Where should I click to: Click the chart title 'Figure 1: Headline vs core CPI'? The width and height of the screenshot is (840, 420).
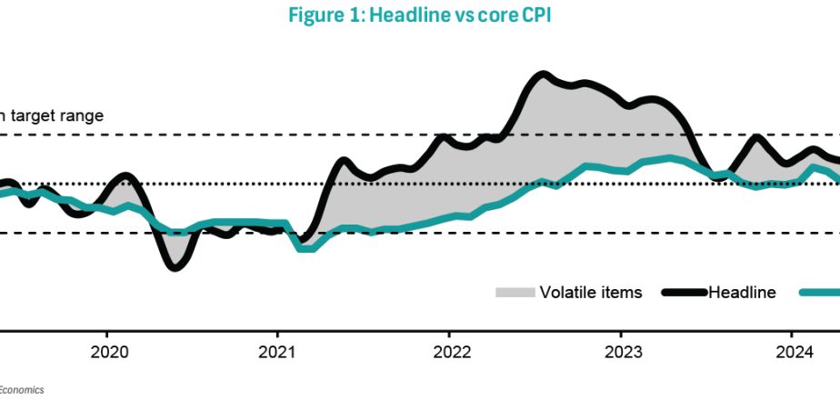tap(419, 15)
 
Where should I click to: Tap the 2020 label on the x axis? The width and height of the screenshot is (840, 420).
tap(106, 352)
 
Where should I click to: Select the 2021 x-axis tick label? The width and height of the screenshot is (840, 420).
tap(276, 352)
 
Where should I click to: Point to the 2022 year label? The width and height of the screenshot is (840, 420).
tap(449, 352)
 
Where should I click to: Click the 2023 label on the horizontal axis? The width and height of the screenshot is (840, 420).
tap(621, 352)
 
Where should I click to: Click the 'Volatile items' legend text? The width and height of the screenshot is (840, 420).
tap(591, 292)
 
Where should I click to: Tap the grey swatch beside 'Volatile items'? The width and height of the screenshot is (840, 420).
tap(514, 292)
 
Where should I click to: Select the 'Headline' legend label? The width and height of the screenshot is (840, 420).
tap(742, 292)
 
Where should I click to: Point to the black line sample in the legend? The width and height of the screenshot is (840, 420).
tap(684, 292)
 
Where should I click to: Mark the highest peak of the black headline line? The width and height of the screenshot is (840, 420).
tap(543, 75)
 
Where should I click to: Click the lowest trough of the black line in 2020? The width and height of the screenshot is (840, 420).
tap(175, 266)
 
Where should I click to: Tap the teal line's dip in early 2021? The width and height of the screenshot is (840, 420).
tap(305, 246)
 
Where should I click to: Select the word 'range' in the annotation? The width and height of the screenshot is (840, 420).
tap(84, 115)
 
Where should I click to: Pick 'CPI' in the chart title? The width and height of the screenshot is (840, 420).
tap(531, 15)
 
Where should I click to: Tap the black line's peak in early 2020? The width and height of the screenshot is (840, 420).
tap(125, 175)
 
